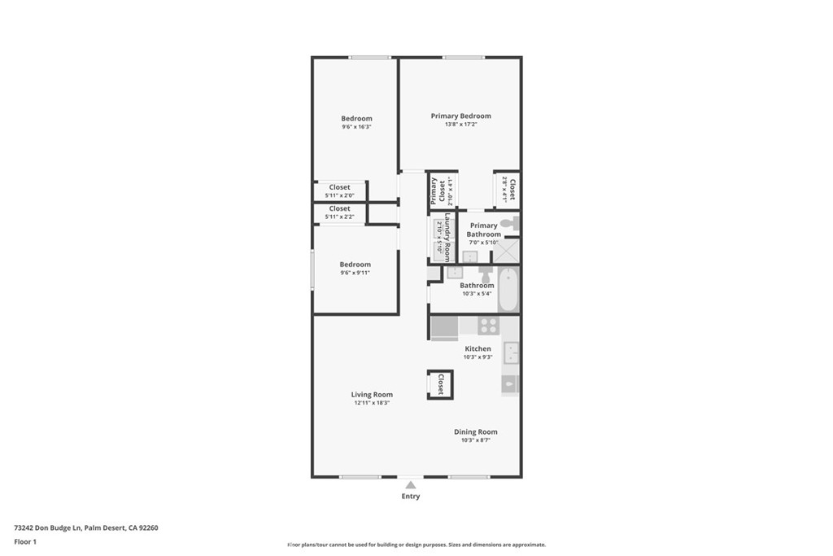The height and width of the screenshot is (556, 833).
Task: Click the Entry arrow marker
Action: pyautogui.click(x=411, y=485)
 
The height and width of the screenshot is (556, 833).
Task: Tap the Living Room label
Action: pyautogui.click(x=373, y=395)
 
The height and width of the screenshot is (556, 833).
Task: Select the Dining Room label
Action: pyautogui.click(x=475, y=432)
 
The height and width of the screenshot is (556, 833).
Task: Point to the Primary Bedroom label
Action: pyautogui.click(x=460, y=116)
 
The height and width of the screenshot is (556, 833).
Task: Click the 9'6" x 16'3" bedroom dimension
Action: pyautogui.click(x=356, y=127)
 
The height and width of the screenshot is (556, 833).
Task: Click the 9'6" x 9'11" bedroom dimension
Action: pyautogui.click(x=355, y=273)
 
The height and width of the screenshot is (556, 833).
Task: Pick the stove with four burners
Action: pyautogui.click(x=488, y=326)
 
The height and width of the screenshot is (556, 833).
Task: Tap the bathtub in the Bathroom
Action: pyautogui.click(x=508, y=290)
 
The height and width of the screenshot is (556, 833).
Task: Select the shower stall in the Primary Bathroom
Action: pyautogui.click(x=508, y=252)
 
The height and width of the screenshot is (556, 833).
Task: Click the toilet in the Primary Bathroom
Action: pyautogui.click(x=508, y=223)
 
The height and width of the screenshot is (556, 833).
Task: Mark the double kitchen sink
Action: pyautogui.click(x=512, y=352)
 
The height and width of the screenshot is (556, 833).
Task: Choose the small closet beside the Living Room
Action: pyautogui.click(x=440, y=384)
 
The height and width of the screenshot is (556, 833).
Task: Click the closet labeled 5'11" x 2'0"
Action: pyautogui.click(x=340, y=191)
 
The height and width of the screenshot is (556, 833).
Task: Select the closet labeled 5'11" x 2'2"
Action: pyautogui.click(x=340, y=212)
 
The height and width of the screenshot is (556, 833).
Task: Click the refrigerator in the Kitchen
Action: pyautogui.click(x=444, y=326)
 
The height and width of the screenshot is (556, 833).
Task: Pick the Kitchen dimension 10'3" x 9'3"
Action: pyautogui.click(x=478, y=357)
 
